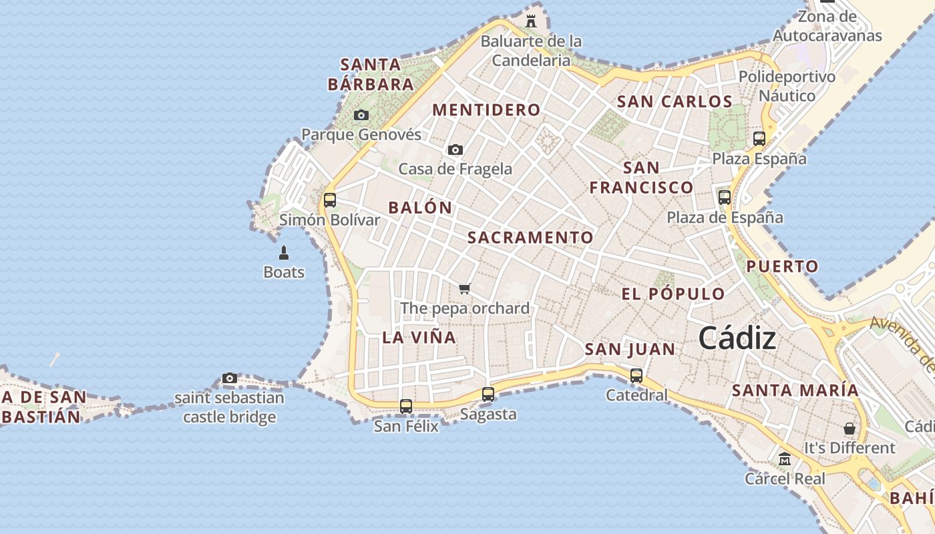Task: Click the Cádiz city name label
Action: click(x=737, y=339)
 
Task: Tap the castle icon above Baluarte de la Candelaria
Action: click(x=531, y=21)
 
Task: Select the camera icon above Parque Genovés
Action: click(x=361, y=115)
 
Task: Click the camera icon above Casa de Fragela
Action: click(x=455, y=150)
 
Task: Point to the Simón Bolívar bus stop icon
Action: click(x=329, y=200)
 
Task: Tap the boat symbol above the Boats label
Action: click(x=284, y=252)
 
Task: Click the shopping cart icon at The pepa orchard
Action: click(x=465, y=288)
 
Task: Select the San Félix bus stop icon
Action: click(x=406, y=406)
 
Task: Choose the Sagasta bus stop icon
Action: click(x=488, y=394)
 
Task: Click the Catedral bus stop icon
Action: click(x=636, y=375)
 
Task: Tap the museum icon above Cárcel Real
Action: click(x=785, y=459)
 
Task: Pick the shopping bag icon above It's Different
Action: click(x=850, y=428)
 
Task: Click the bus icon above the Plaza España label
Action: click(x=759, y=139)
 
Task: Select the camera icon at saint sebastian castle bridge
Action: click(x=230, y=378)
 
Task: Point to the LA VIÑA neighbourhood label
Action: click(x=419, y=338)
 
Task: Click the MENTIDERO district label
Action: click(x=486, y=110)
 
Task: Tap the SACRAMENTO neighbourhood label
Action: click(x=530, y=238)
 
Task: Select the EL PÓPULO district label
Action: click(x=673, y=294)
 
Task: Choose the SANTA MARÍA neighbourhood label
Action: click(x=795, y=390)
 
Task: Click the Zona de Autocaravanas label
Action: click(x=827, y=26)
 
